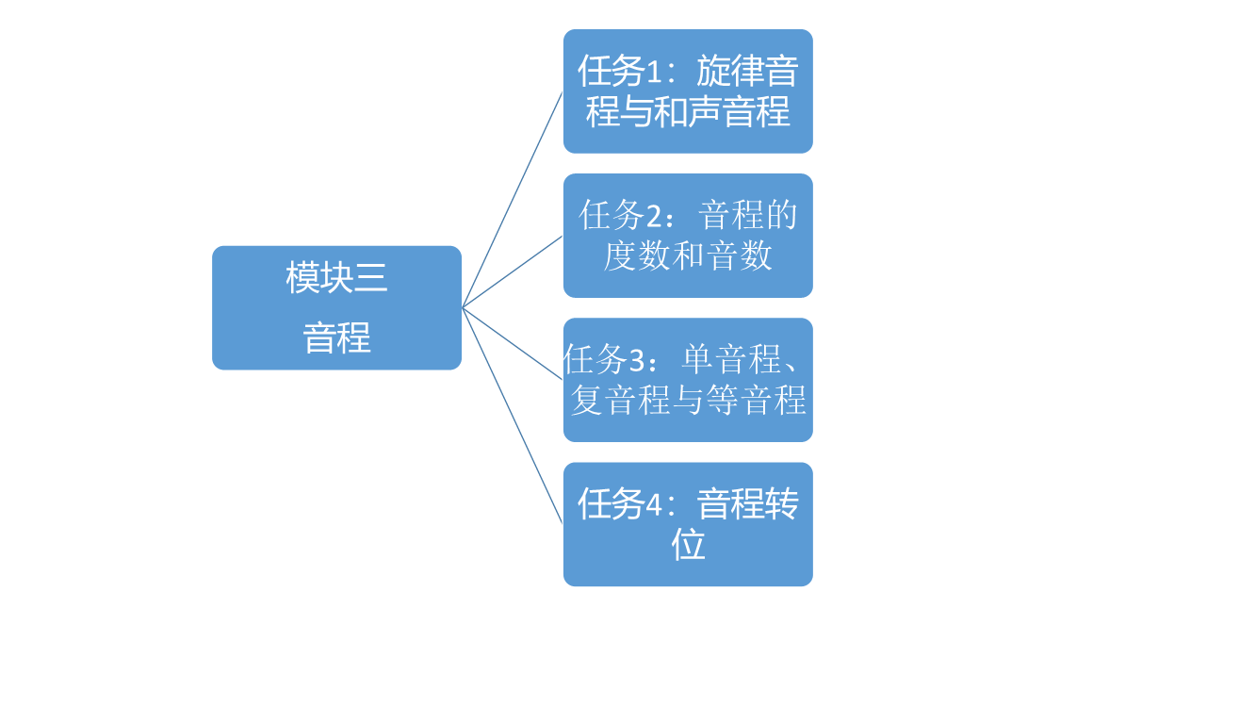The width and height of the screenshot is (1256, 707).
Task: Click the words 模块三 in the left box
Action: coord(336,277)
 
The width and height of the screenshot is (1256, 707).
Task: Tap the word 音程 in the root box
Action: coord(336,337)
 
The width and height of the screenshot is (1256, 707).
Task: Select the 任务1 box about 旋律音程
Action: coord(688,90)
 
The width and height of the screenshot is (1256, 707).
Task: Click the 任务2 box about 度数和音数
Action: coord(688,236)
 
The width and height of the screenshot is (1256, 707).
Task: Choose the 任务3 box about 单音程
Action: coord(688,380)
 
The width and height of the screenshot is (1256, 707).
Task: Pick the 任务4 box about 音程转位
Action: coord(688,524)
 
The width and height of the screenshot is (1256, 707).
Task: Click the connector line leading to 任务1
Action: coord(513,200)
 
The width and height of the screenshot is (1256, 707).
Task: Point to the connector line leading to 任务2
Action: coord(513,271)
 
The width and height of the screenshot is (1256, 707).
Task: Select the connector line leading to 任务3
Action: coord(513,343)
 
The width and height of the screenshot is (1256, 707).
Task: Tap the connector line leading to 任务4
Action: coord(513,416)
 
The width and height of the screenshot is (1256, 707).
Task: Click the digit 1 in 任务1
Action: coord(653,73)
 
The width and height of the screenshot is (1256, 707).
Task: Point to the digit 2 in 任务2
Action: coord(654,217)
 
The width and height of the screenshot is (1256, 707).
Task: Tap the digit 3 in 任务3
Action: coord(638,361)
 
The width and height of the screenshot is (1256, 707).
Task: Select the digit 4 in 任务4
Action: coord(654,505)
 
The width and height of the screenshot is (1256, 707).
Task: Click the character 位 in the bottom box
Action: coord(688,544)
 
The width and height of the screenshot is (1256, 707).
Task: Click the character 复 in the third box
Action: coord(587,400)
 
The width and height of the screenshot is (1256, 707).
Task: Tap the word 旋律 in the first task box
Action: coord(730,72)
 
